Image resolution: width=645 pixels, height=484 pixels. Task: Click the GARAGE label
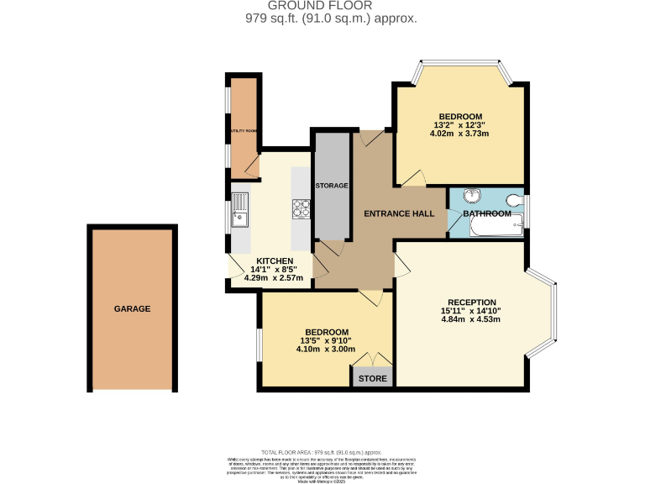[133, 309]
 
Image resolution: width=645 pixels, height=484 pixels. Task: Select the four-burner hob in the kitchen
[301, 208]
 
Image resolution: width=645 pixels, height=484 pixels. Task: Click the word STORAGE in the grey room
[331, 185]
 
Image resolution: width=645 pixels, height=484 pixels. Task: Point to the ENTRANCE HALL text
[398, 213]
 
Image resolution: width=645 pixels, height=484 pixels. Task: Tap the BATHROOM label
[487, 213]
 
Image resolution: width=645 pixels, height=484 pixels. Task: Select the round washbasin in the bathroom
[473, 196]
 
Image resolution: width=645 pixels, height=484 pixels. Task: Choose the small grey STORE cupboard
[373, 378]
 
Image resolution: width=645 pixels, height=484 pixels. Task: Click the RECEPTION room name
[471, 302]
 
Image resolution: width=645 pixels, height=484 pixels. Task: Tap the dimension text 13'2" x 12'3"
[459, 125]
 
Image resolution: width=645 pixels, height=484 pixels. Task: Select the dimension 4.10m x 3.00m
[326, 349]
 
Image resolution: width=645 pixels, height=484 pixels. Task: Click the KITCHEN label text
[275, 260]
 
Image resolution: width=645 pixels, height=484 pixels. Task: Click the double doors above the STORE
[373, 360]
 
